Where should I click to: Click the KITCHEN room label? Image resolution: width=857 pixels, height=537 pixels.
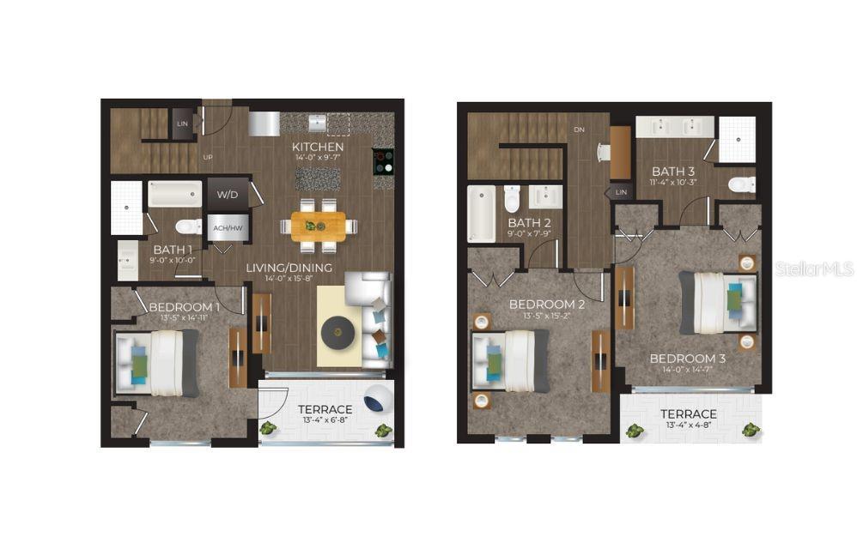[318, 148]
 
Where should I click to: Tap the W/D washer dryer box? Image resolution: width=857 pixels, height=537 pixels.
[227, 195]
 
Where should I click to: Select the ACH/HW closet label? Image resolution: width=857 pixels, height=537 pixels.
[227, 227]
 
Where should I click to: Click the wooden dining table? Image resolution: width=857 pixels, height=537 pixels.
[318, 226]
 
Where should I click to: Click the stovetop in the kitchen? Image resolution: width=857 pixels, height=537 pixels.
[383, 161]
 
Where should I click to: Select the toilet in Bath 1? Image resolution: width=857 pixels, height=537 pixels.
[186, 226]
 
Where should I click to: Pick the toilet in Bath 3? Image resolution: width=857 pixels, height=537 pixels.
[742, 184]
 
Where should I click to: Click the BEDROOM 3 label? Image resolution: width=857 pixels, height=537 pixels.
[687, 358]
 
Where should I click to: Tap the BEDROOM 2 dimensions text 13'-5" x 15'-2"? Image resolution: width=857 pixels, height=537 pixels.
[547, 316]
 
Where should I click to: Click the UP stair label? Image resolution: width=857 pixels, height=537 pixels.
[208, 158]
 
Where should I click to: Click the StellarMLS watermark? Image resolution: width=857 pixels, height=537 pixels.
[814, 269]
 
